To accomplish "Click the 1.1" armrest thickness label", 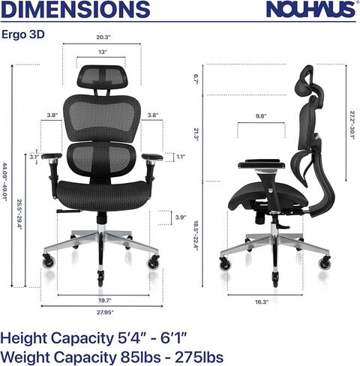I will coord(180,157).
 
